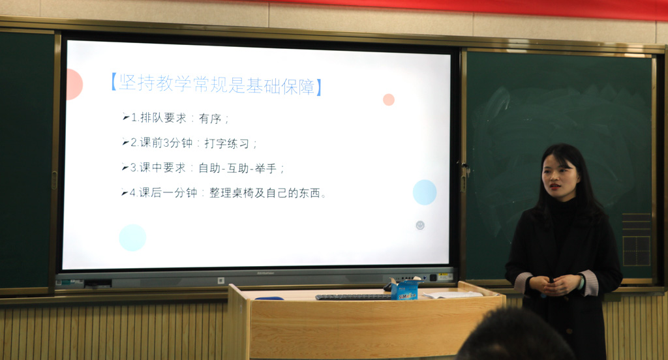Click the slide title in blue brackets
pos(216,84)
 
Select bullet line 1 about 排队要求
pos(175,118)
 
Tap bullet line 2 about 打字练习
pos(190,143)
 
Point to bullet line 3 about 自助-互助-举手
pos(203,168)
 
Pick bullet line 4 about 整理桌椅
pos(224,193)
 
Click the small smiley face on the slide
pos(420,225)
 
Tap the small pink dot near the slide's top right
pos(389,100)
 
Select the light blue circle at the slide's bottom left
pos(132,237)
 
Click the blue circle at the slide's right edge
pos(425,192)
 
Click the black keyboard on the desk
pos(353,297)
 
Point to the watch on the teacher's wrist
pos(581,282)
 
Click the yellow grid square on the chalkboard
pos(637,251)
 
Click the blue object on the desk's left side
pos(269,298)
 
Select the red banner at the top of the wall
pos(468,8)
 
